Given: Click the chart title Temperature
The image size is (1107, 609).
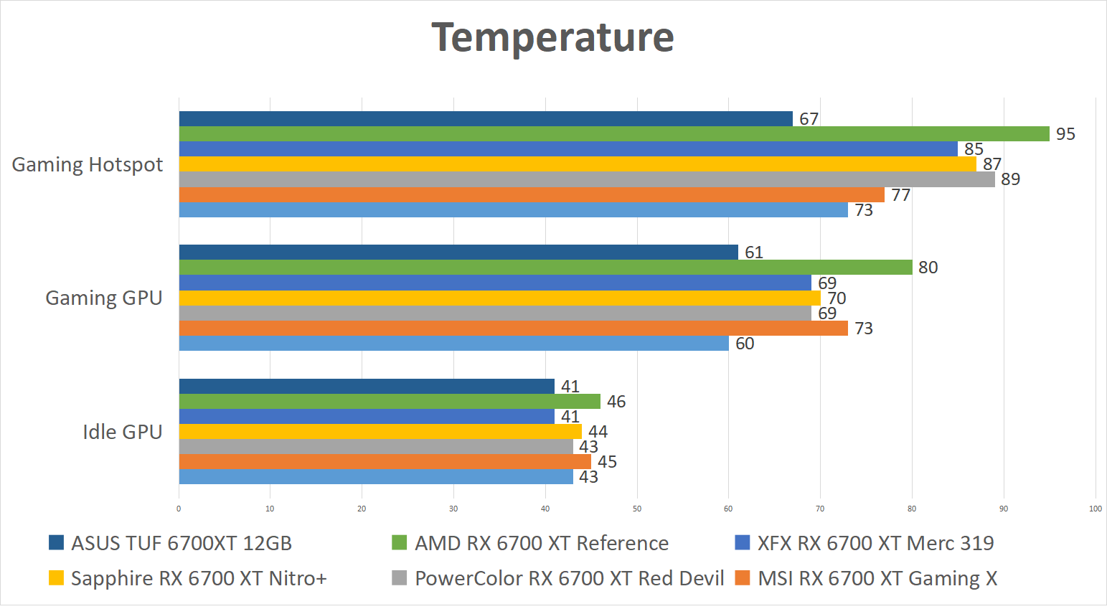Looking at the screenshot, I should [x=552, y=37].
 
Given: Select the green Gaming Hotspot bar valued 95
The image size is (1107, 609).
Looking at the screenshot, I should [x=613, y=134].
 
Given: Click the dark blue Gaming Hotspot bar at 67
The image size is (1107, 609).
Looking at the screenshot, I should [x=486, y=119].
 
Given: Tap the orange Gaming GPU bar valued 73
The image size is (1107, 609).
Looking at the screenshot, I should [x=513, y=329].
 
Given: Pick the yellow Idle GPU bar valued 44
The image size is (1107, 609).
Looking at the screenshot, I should [x=380, y=432].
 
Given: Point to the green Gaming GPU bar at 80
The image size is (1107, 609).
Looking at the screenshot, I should [x=545, y=268].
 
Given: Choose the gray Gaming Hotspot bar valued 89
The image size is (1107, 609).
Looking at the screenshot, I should [x=587, y=179].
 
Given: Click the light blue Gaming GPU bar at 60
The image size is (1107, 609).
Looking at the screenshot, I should [x=453, y=344].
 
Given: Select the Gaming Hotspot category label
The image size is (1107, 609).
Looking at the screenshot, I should [x=88, y=165].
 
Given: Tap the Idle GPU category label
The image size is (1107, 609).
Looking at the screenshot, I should [x=123, y=432].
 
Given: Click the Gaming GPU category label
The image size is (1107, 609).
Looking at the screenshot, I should [x=104, y=298].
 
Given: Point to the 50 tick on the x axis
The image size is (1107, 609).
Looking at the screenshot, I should [x=637, y=509].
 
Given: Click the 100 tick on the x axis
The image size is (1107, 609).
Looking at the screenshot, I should [x=1095, y=509].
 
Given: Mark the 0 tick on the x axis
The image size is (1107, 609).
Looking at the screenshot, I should [x=179, y=509].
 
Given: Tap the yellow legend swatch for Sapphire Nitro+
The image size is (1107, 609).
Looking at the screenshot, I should [x=56, y=578].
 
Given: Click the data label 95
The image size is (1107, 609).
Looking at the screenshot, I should [x=1065, y=134].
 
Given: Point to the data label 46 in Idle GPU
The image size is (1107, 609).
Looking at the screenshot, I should [x=616, y=402].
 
